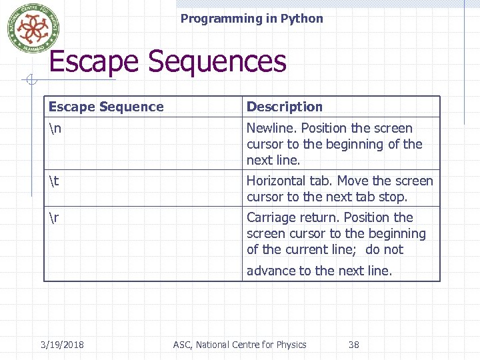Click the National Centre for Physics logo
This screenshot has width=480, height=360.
coord(29,28)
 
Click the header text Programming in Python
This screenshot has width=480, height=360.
coord(251,19)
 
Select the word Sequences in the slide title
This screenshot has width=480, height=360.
coord(217,62)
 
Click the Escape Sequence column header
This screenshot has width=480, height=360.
coord(106,107)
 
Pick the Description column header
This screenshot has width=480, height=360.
coord(285,107)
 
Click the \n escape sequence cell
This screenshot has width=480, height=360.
coord(55,128)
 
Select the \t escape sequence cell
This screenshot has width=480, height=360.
coord(53,181)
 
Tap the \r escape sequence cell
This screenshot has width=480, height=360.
coord(53,217)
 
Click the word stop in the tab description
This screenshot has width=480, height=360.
coord(393,197)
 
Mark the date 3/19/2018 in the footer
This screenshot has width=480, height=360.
coord(62,345)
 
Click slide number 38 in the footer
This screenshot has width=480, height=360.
coord(354,345)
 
